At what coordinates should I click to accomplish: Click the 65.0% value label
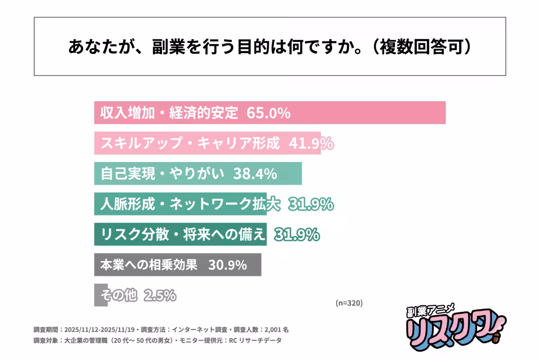pyautogui.click(x=268, y=113)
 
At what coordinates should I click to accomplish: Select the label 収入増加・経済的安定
pyautogui.click(x=169, y=113)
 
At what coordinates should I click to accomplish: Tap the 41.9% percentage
pyautogui.click(x=310, y=144)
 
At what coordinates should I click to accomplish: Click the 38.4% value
pyautogui.click(x=255, y=174)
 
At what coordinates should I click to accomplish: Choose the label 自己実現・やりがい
pyautogui.click(x=162, y=174)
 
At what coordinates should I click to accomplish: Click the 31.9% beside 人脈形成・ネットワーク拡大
pyautogui.click(x=310, y=204)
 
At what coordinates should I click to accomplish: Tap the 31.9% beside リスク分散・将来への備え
pyautogui.click(x=297, y=234)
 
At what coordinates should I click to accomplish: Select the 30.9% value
pyautogui.click(x=227, y=265)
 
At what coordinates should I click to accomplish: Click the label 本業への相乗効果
pyautogui.click(x=149, y=265)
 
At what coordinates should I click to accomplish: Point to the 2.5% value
pyautogui.click(x=160, y=295)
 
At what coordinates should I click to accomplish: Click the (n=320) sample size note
pyautogui.click(x=349, y=303)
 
